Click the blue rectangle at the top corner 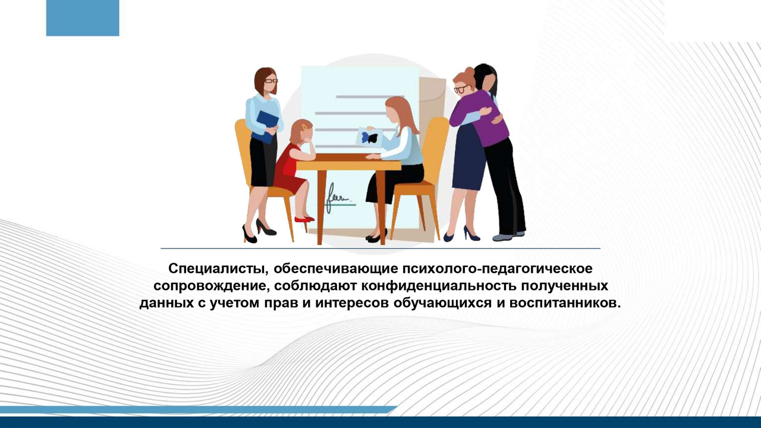click(83, 18)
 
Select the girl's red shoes click(304, 219)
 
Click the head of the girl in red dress click(300, 130)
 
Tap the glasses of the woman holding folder click(271, 80)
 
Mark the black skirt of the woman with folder click(262, 161)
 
